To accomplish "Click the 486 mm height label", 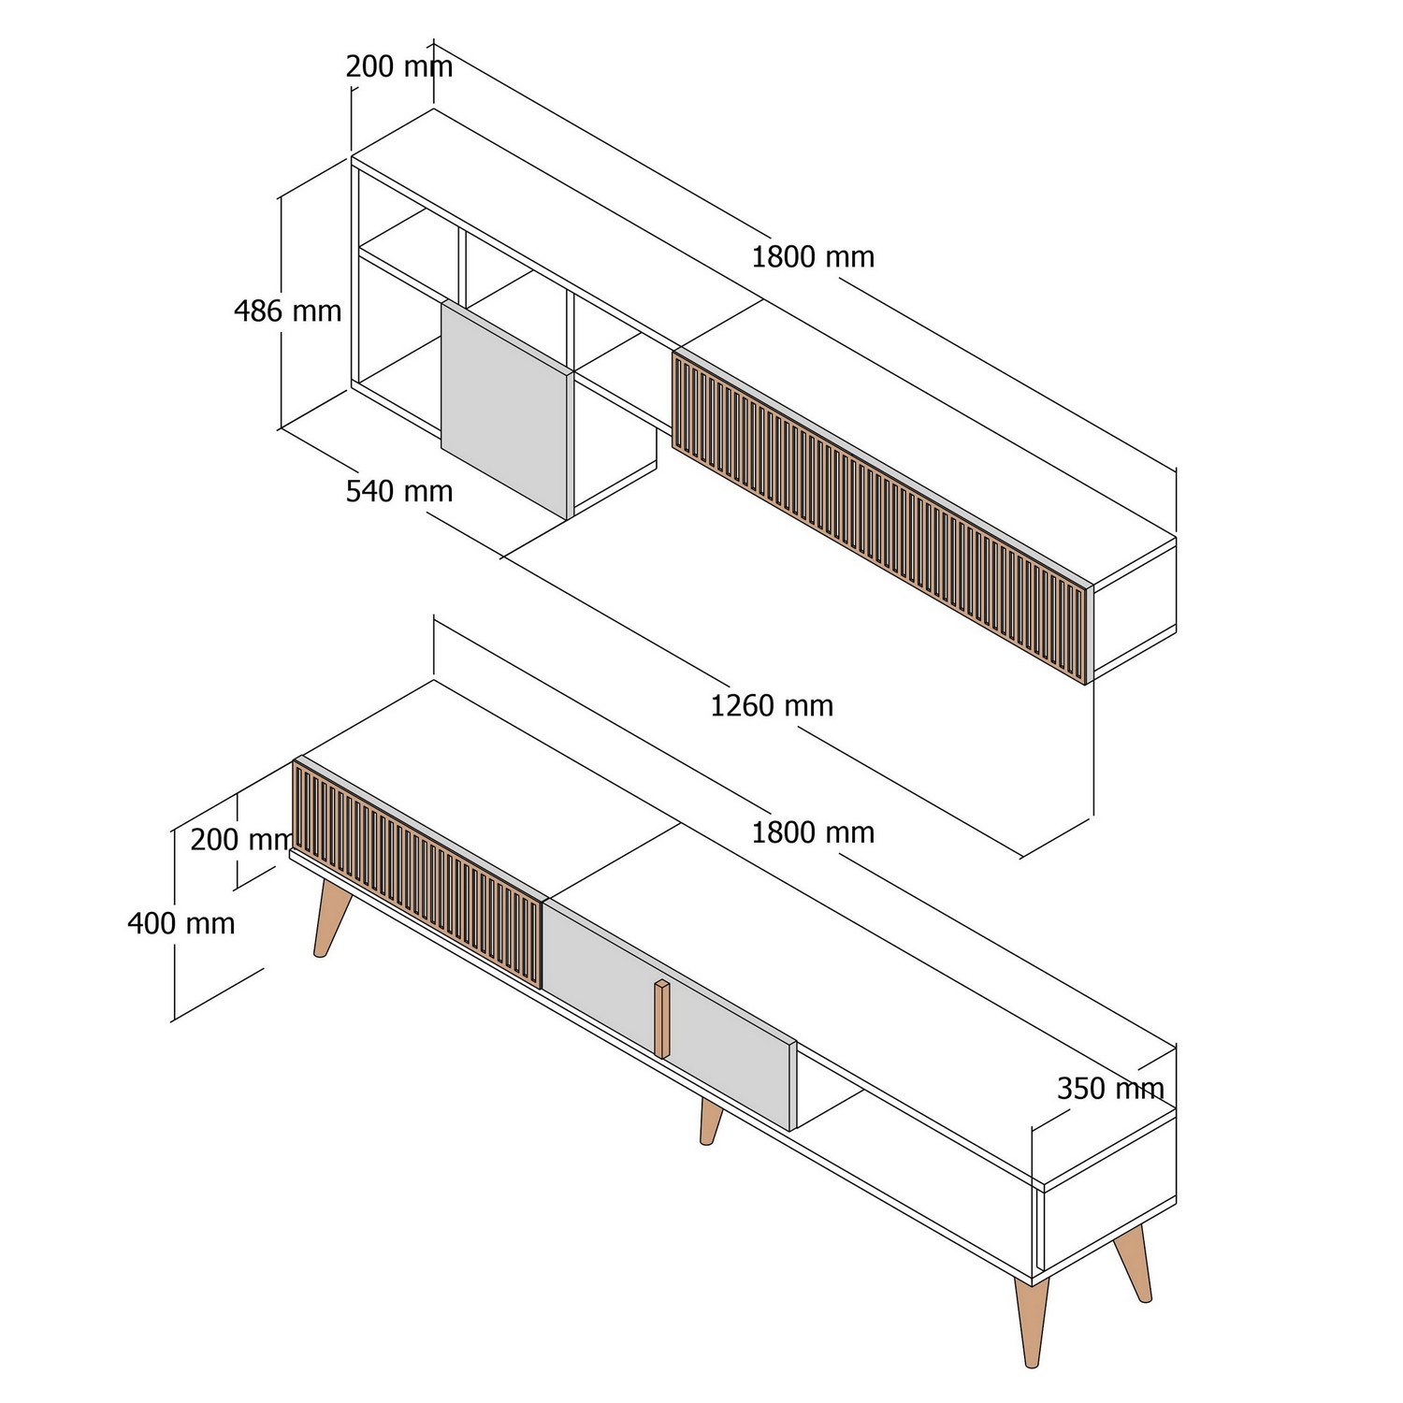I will [287, 311].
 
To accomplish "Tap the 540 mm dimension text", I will [399, 491].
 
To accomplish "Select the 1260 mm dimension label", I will [772, 705].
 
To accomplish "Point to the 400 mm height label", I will [181, 924].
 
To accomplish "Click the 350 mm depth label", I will [1110, 1089].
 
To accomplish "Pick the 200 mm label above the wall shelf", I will [399, 67].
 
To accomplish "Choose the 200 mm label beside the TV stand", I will [241, 840].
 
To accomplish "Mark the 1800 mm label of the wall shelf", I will [813, 257].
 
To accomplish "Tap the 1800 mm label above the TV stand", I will [813, 832].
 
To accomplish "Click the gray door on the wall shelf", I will [505, 408].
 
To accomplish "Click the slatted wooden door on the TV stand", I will [417, 873].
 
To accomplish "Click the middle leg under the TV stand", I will [711, 1121].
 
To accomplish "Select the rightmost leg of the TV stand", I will [1134, 1264].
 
